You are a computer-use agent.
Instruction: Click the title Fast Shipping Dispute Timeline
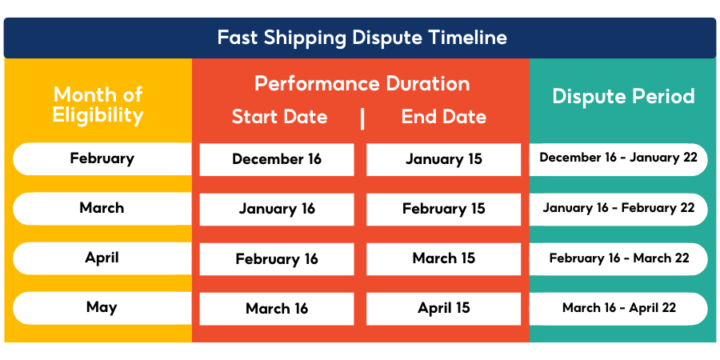point(362,38)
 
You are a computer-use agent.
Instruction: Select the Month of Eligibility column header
point(98,104)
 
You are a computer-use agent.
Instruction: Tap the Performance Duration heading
point(362,83)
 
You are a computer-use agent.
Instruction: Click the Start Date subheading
point(279,117)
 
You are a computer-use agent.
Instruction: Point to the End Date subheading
point(443,117)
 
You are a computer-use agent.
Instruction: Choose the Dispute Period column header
point(623,97)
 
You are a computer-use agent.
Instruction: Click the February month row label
point(102,158)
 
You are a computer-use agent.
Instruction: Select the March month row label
point(102,208)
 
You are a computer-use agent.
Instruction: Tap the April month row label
point(102,258)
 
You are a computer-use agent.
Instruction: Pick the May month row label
point(102,307)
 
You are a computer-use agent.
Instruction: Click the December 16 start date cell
point(277,159)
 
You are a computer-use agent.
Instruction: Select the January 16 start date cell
point(277,210)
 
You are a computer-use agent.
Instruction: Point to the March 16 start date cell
point(277,309)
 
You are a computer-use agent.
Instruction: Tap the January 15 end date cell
point(443,159)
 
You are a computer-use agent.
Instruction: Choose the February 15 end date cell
point(443,210)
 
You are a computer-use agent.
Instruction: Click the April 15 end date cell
point(443,308)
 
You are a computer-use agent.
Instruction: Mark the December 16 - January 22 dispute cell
point(618,158)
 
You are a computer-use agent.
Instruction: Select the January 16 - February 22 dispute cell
point(618,208)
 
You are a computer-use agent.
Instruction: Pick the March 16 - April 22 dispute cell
point(618,308)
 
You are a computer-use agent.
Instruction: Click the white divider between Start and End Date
point(362,118)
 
